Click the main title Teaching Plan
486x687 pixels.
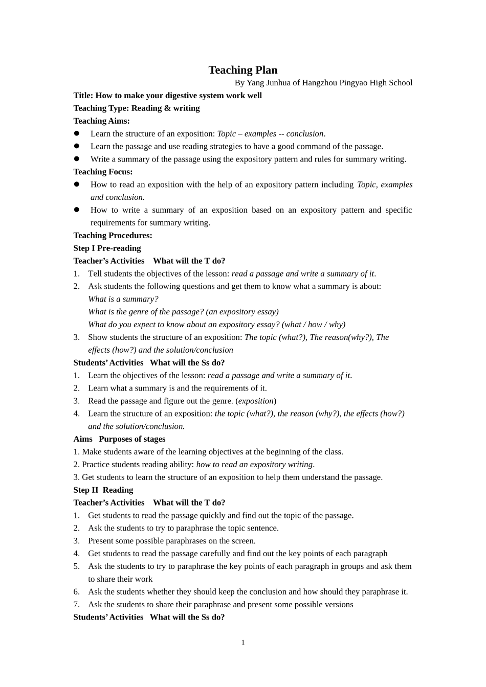(242, 70)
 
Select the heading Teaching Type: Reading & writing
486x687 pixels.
(136, 108)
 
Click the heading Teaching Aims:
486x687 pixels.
(101, 121)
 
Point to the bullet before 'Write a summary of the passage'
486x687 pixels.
(77, 159)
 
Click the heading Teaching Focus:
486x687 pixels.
(103, 172)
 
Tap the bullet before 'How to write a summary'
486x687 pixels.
(77, 210)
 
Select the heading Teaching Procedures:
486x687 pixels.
(113, 236)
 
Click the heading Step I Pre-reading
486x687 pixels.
(107, 248)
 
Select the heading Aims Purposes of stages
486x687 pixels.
(119, 439)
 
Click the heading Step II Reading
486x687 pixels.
(103, 490)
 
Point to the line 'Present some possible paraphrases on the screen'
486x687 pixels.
(171, 541)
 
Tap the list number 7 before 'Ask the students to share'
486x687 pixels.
(76, 605)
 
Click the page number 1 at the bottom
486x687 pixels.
(243, 643)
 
